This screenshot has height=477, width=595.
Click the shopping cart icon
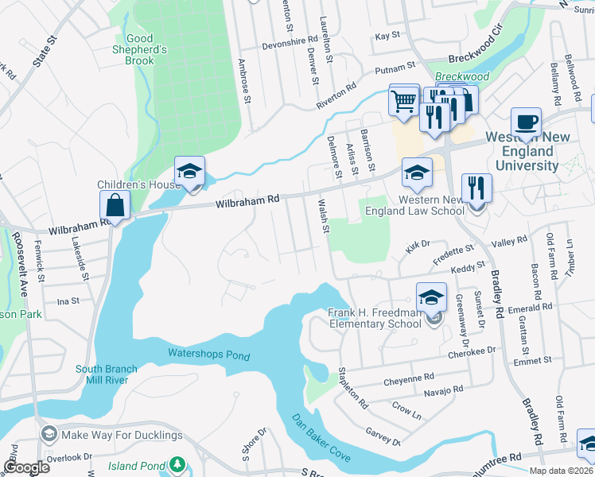[404, 101]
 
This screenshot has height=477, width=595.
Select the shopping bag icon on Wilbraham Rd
[115, 206]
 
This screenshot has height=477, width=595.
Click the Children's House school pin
[190, 172]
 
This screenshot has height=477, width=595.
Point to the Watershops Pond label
[208, 355]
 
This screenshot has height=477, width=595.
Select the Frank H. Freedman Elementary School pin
[431, 299]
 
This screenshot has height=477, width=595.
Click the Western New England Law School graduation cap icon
[417, 173]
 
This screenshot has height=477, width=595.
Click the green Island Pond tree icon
[181, 463]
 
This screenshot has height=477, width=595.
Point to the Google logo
[26, 467]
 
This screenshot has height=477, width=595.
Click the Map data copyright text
[561, 471]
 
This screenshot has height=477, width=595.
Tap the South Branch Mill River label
[107, 374]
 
